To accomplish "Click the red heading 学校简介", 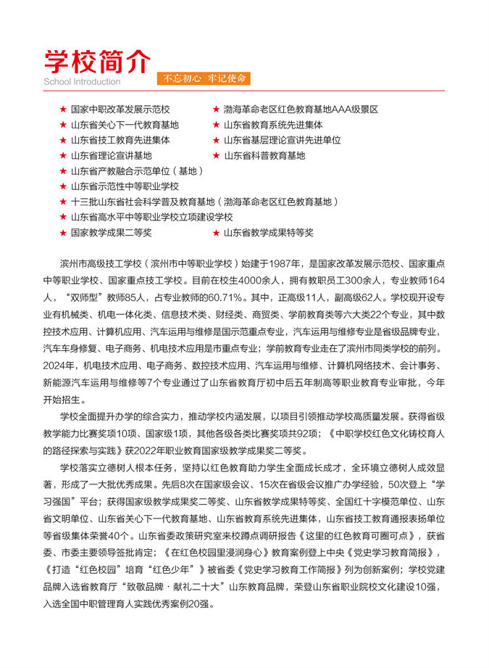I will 97,59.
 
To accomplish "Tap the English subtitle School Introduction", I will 82,82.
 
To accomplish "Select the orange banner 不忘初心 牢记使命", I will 204,78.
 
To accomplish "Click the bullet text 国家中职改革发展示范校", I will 120,110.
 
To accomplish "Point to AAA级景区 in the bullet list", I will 354,110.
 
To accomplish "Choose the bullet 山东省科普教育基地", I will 264,155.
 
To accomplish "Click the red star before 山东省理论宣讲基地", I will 63,155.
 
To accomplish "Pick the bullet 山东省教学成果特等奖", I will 269,233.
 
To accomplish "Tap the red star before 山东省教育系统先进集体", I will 216,125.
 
